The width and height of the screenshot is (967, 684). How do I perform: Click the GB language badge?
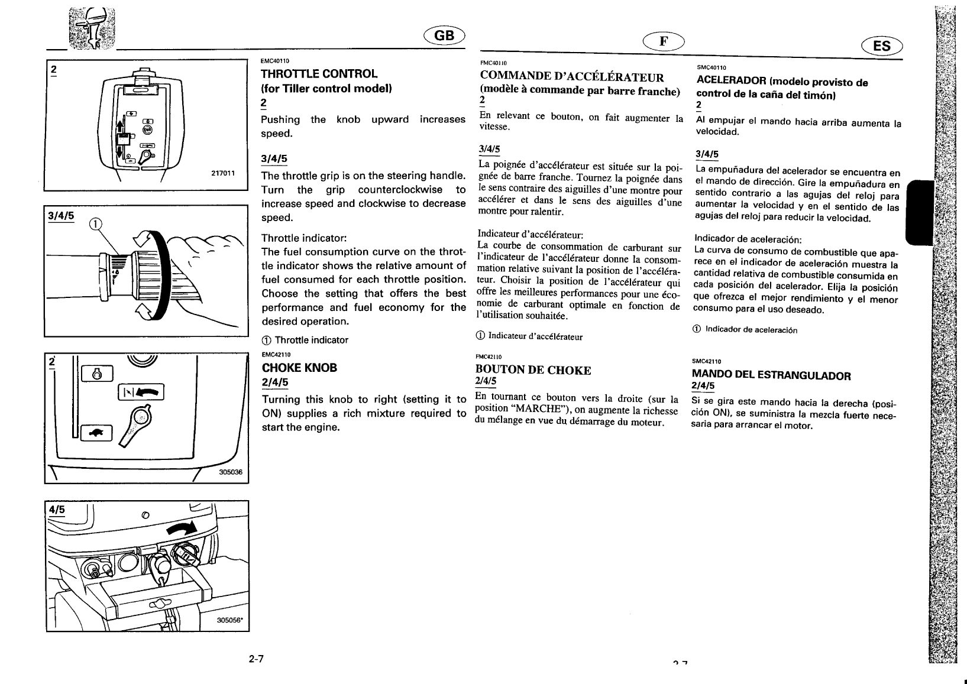(x=444, y=36)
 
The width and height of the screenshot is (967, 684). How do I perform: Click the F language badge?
(x=664, y=41)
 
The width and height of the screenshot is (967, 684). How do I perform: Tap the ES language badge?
(x=881, y=46)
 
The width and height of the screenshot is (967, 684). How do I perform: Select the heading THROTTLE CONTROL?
(x=319, y=74)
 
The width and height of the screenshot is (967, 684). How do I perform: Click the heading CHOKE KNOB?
(x=299, y=368)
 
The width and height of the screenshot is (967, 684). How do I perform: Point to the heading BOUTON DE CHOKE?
(x=533, y=370)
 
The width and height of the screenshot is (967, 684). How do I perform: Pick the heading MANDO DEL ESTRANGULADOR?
(x=771, y=375)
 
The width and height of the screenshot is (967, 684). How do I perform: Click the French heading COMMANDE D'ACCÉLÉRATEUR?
(x=572, y=77)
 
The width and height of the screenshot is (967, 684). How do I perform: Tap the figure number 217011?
(x=223, y=173)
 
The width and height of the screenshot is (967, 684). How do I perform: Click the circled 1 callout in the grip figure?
(x=95, y=224)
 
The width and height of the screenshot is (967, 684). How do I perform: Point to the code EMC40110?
(x=275, y=60)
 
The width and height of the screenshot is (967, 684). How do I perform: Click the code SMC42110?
(x=706, y=361)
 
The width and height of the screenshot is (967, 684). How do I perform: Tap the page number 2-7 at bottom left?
(x=256, y=659)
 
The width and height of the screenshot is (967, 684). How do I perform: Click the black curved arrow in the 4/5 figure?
(x=184, y=528)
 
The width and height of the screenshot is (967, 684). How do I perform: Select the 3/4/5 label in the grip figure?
(x=62, y=216)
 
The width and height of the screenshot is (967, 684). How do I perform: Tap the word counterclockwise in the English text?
(x=400, y=190)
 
